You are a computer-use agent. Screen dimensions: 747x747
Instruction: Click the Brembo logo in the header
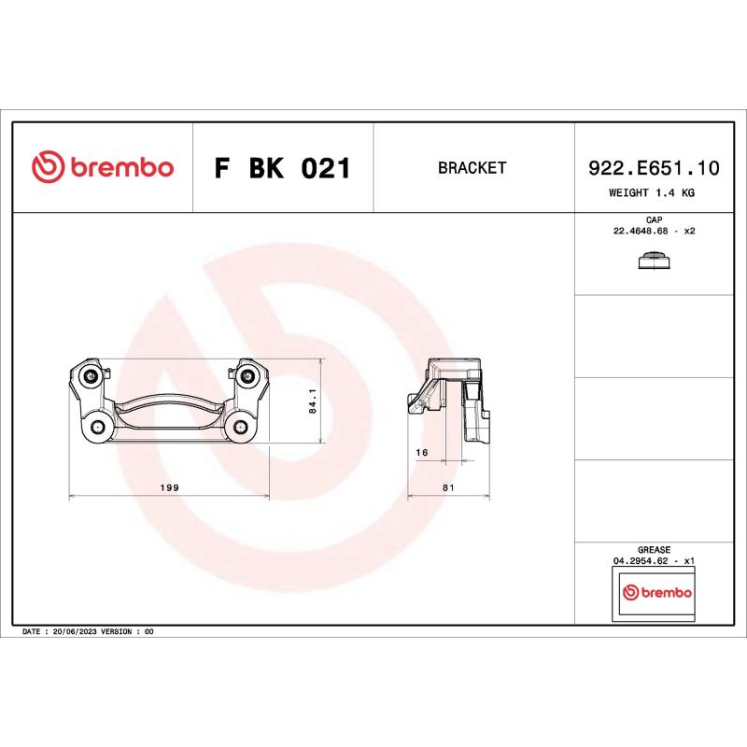click(103, 168)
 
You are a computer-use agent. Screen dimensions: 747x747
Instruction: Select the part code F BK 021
click(282, 169)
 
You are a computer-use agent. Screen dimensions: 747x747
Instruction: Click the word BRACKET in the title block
click(472, 168)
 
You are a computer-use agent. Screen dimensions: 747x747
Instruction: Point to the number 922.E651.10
click(654, 168)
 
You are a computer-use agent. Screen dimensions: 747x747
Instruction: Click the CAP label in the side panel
click(654, 219)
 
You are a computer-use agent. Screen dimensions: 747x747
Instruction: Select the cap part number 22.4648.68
click(645, 230)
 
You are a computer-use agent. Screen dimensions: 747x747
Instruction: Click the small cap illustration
click(654, 261)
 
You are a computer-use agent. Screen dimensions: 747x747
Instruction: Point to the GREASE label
click(654, 550)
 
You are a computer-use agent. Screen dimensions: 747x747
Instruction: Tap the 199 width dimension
click(170, 487)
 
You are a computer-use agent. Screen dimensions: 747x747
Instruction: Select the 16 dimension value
click(422, 452)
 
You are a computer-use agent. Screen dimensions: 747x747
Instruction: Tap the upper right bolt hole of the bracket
click(247, 376)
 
